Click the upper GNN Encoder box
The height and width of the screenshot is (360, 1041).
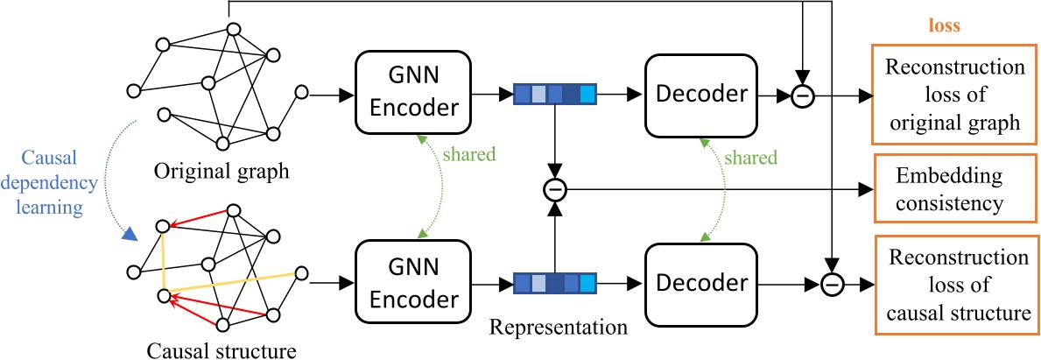[413, 91]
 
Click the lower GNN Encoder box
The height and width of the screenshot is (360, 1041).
[413, 282]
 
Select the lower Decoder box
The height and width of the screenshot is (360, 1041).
[700, 282]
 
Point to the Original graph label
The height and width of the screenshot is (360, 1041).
[222, 170]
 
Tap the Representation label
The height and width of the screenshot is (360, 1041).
[559, 328]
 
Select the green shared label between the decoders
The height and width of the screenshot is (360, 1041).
[749, 158]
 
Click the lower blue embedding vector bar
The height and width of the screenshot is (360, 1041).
[554, 282]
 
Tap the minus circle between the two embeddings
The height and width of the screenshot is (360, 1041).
[554, 188]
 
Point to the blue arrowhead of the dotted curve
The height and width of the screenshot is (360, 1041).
[129, 233]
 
